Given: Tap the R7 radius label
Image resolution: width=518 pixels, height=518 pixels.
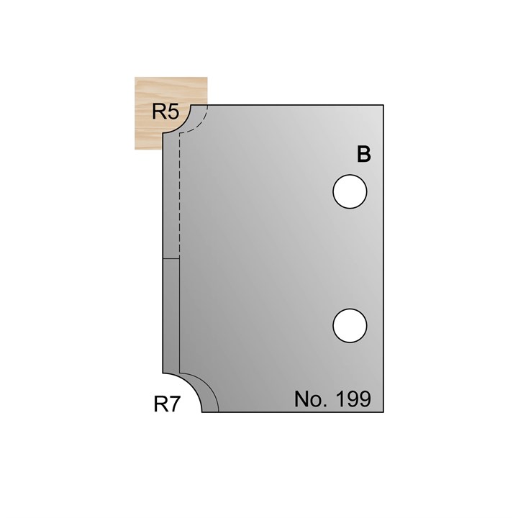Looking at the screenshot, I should (167, 404).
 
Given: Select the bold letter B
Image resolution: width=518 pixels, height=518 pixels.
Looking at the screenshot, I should (364, 155).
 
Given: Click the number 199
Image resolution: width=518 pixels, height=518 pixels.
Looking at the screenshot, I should (352, 399).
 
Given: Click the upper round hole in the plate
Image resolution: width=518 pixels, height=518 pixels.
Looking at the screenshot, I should (350, 192).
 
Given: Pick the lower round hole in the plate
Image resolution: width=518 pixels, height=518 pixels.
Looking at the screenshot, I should (350, 324).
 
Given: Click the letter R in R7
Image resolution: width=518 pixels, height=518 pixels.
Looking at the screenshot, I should (161, 404).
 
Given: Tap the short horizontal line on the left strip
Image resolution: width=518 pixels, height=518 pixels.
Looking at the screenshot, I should (170, 258).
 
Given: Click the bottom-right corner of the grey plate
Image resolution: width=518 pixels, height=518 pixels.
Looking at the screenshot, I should (383, 412).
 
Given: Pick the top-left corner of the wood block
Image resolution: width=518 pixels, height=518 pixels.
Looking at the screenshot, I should (135, 78).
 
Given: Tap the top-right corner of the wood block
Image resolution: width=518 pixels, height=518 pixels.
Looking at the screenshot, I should (208, 78).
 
